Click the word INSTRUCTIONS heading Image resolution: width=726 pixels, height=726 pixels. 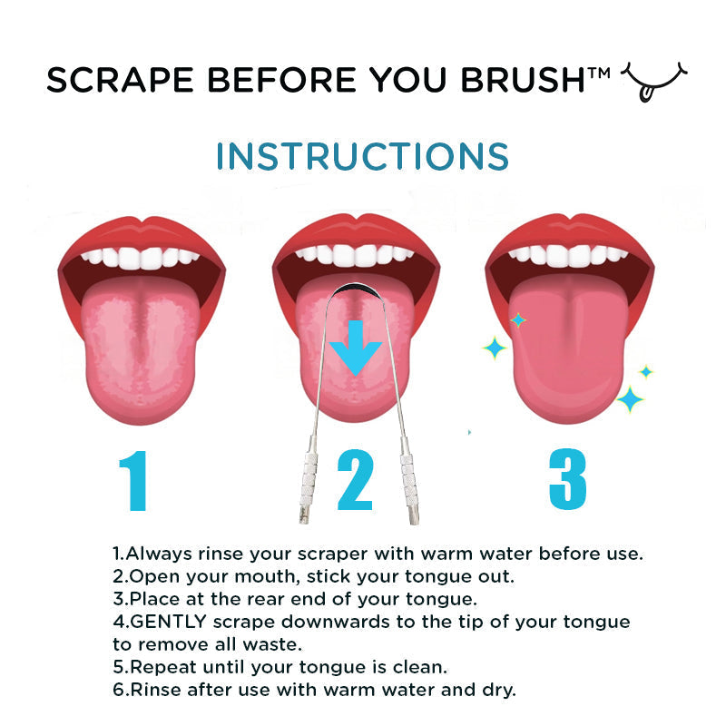tap(362, 156)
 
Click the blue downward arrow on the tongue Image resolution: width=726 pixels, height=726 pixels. tap(355, 346)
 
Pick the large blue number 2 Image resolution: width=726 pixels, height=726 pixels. tap(355, 483)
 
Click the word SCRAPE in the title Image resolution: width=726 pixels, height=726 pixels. tap(107, 81)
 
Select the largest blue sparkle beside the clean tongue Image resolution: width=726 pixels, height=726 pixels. tap(630, 397)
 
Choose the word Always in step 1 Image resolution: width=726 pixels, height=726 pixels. tap(154, 553)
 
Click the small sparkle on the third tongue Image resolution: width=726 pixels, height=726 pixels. tap(518, 319)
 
